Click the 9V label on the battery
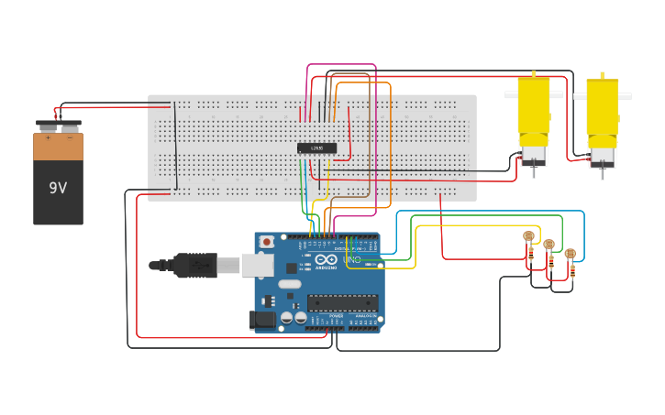coord(58,188)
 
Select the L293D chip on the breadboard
coord(316,147)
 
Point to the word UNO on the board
coord(352,260)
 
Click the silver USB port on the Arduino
coord(257,265)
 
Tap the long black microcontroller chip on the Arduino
coord(343,303)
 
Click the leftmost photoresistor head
coord(528,236)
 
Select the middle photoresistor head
coord(549,245)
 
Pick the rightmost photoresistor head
coord(570,254)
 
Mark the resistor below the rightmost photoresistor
coord(573,272)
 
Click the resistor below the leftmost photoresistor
coord(531,256)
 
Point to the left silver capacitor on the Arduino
coord(287,317)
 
